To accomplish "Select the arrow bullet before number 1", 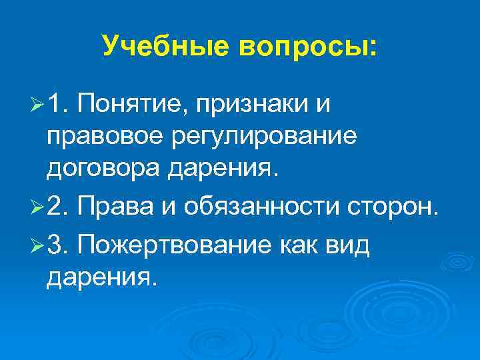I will pyautogui.click(x=37, y=105).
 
